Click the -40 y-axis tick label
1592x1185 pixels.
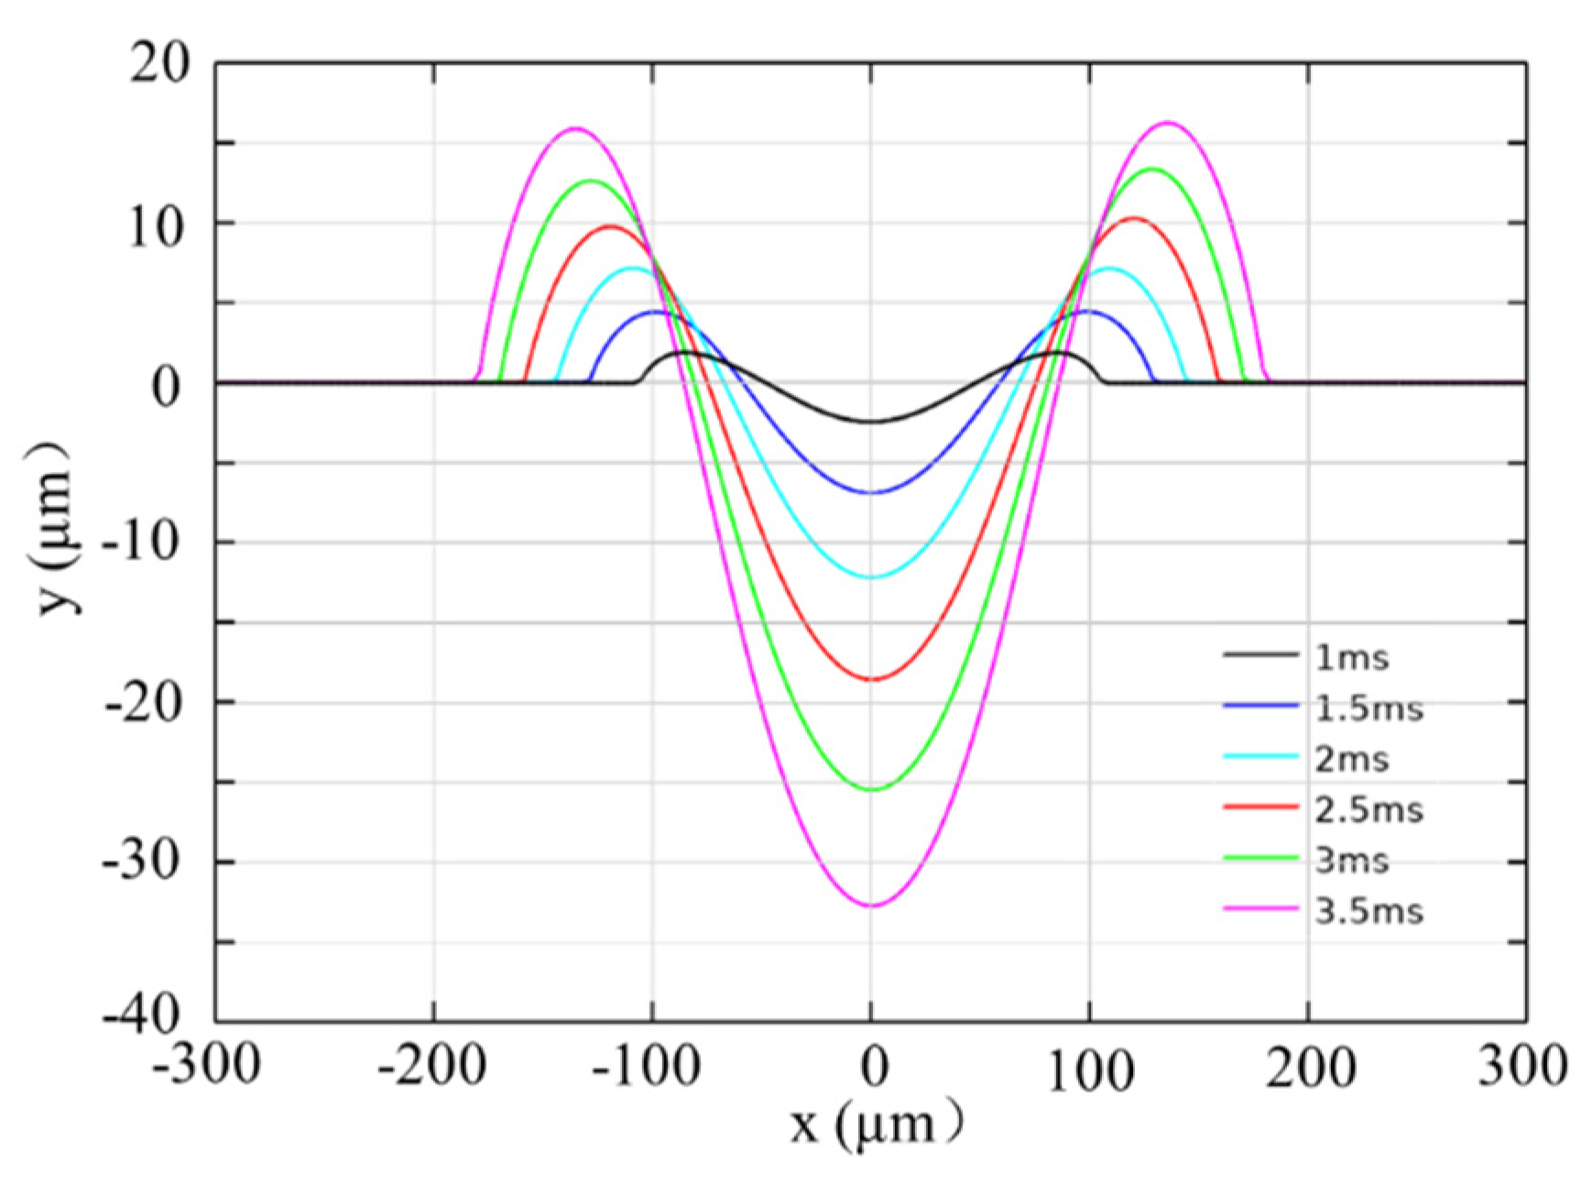pyautogui.click(x=147, y=1017)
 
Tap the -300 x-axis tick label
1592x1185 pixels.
pyautogui.click(x=208, y=1067)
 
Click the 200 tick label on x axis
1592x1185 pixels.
pyautogui.click(x=1311, y=1067)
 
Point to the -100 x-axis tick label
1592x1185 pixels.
pyautogui.click(x=647, y=1067)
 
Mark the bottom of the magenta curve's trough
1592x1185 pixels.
pyautogui.click(x=872, y=905)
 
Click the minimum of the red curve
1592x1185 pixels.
pyautogui.click(x=872, y=679)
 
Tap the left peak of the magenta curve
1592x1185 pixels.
pyautogui.click(x=575, y=128)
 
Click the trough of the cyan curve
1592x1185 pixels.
pyautogui.click(x=872, y=577)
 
